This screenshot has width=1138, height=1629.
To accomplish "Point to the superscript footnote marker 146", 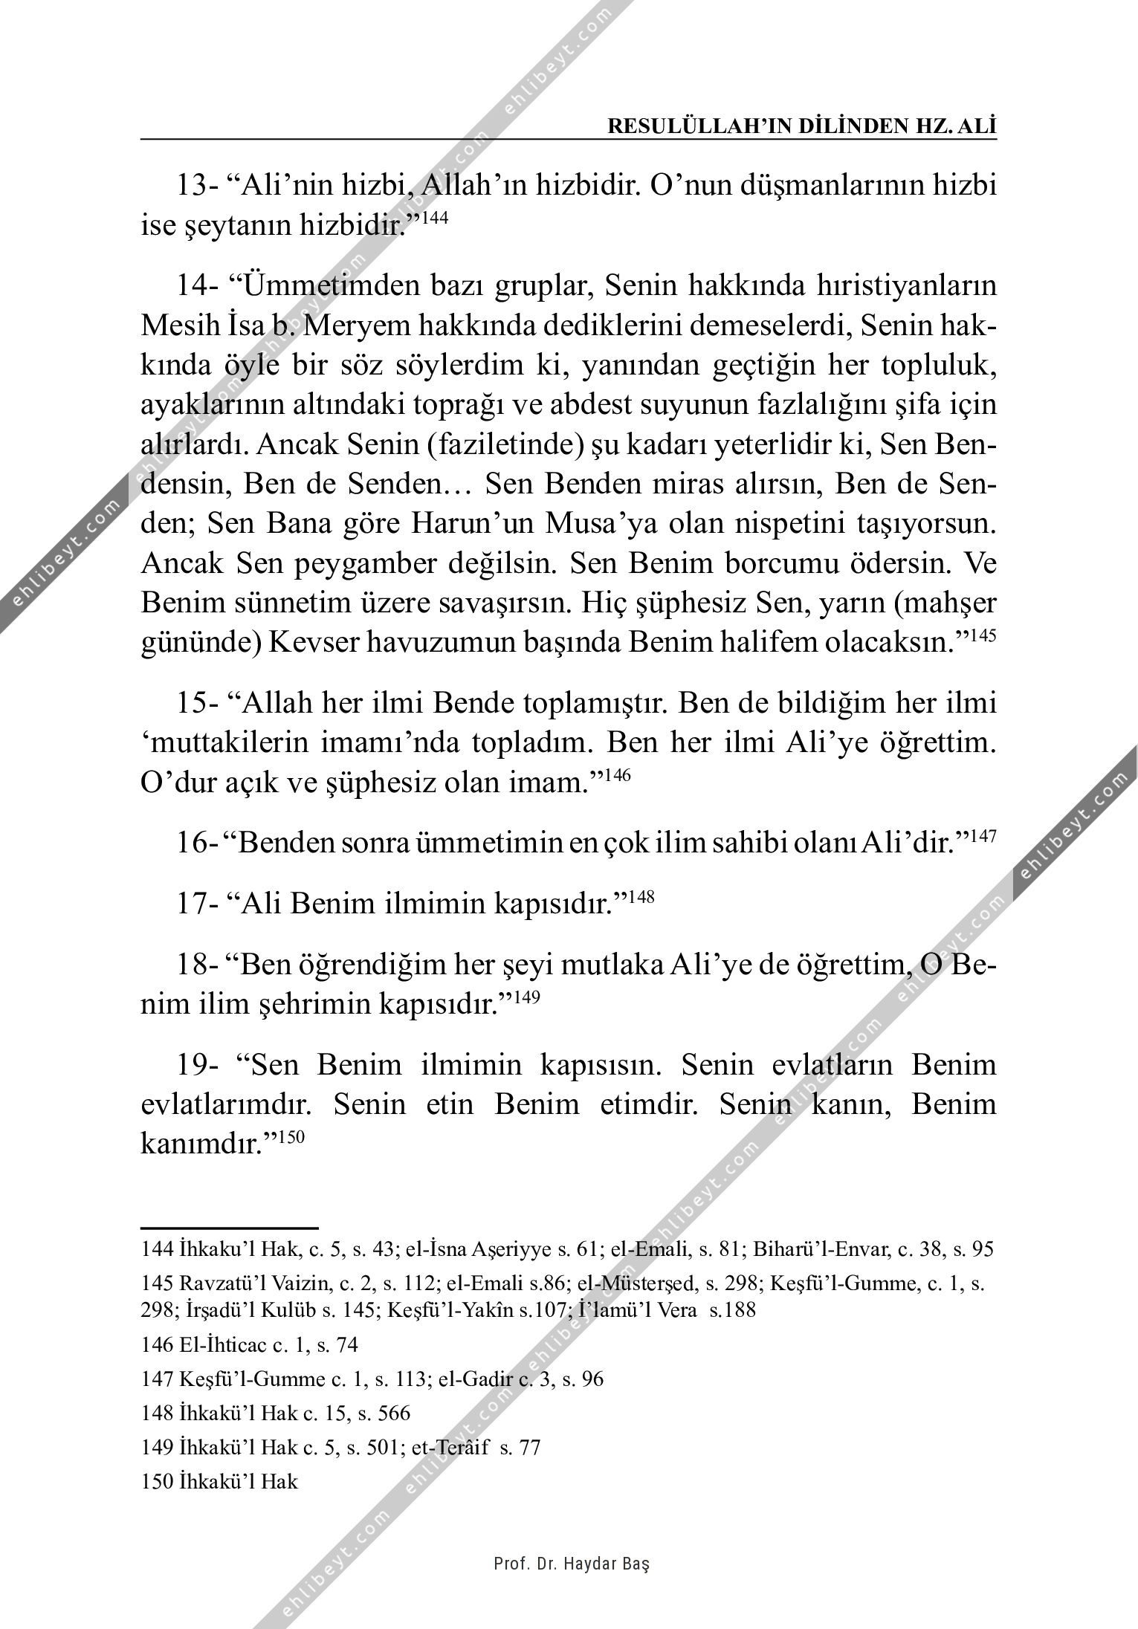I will (618, 776).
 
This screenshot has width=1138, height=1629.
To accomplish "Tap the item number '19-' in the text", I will (196, 1066).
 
